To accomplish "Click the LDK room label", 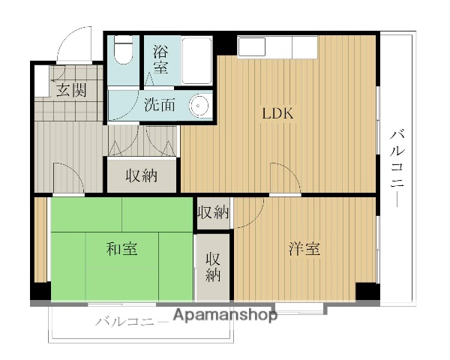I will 277,115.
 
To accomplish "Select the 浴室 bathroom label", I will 160,60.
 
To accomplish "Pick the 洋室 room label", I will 304,249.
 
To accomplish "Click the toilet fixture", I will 122,53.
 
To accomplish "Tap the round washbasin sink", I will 199,105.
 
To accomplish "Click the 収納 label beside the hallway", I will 140,176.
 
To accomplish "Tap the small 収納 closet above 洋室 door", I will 212,212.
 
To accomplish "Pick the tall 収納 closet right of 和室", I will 213,266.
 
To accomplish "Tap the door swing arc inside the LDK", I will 285,176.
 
